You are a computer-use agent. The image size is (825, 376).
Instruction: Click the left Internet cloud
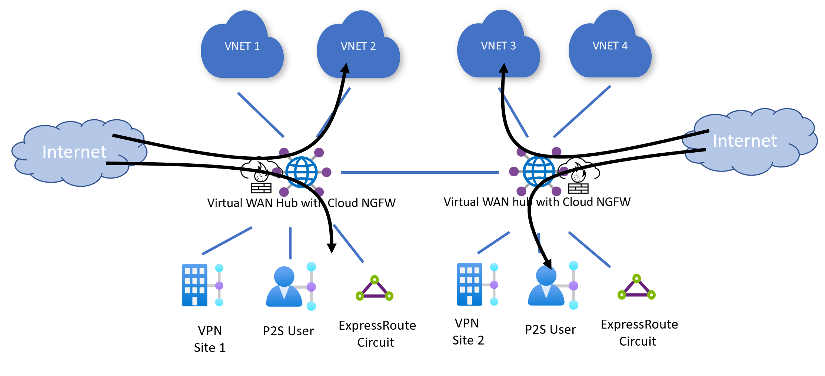(x=74, y=152)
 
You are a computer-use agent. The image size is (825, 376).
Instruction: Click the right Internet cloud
(x=745, y=141)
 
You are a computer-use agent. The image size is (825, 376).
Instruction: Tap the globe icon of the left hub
(x=302, y=172)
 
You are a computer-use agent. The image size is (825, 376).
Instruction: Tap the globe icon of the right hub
(x=539, y=171)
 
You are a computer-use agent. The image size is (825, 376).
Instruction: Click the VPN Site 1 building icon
(x=195, y=285)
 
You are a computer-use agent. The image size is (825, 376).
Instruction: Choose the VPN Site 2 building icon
(x=470, y=284)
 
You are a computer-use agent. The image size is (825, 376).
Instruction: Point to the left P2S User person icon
(x=284, y=287)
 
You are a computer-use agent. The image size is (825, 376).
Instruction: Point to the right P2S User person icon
(x=546, y=286)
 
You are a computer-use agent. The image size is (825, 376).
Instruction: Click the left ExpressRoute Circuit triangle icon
(x=375, y=289)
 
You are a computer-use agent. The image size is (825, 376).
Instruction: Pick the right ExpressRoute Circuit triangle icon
(x=636, y=288)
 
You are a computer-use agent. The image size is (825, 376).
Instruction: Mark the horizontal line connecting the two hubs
(x=419, y=172)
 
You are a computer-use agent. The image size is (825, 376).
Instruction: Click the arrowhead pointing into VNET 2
(x=345, y=69)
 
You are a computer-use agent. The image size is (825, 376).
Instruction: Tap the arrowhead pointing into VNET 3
(x=503, y=69)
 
